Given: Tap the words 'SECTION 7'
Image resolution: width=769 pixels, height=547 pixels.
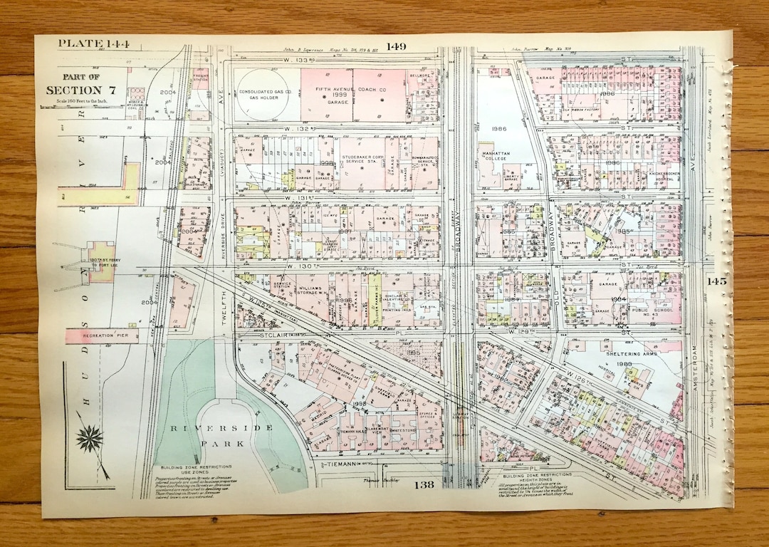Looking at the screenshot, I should pyautogui.click(x=80, y=90).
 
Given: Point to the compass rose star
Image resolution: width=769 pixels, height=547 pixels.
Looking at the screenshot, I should pyautogui.click(x=90, y=439).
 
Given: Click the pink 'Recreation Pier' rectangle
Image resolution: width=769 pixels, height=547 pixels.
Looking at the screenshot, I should pyautogui.click(x=102, y=335).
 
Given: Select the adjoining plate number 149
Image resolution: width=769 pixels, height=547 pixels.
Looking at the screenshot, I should pyautogui.click(x=396, y=47).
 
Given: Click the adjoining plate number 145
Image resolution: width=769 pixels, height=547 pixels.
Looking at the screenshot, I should pyautogui.click(x=716, y=281).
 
